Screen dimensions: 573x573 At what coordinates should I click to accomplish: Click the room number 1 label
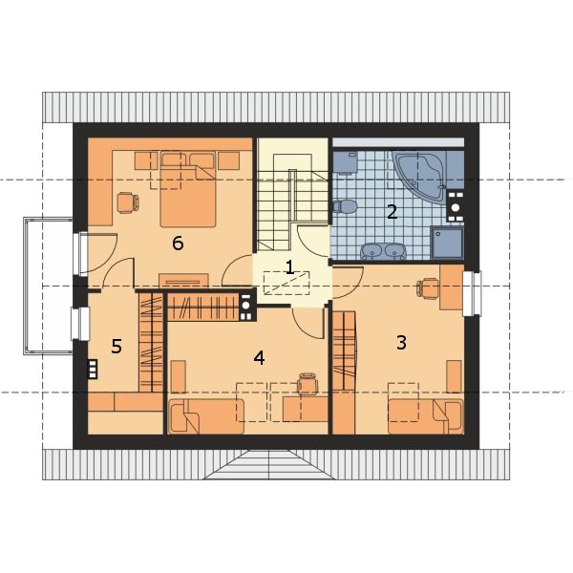289,267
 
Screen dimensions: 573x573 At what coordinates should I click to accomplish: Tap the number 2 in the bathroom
393,212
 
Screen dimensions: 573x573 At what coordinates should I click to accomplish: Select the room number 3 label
401,343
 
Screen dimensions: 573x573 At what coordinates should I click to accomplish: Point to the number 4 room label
259,358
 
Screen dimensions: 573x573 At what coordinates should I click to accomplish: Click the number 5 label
117,346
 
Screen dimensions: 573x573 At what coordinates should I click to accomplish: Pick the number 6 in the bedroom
178,244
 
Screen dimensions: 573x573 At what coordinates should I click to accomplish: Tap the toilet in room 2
345,206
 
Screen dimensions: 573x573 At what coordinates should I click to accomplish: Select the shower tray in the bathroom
447,243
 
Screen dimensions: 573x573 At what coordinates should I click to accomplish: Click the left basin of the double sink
371,251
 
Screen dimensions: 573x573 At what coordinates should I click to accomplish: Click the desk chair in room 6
128,202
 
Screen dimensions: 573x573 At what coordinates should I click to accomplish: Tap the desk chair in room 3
428,288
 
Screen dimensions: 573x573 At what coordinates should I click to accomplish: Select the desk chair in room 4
308,385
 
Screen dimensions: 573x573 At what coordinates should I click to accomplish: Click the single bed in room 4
205,416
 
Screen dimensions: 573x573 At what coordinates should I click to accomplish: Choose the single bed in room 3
426,416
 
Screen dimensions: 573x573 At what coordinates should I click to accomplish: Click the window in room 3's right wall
472,293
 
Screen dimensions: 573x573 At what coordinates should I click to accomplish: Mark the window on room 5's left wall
80,324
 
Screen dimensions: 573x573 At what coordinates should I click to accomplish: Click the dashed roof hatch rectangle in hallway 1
286,283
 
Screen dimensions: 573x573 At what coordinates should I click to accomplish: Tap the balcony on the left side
49,286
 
